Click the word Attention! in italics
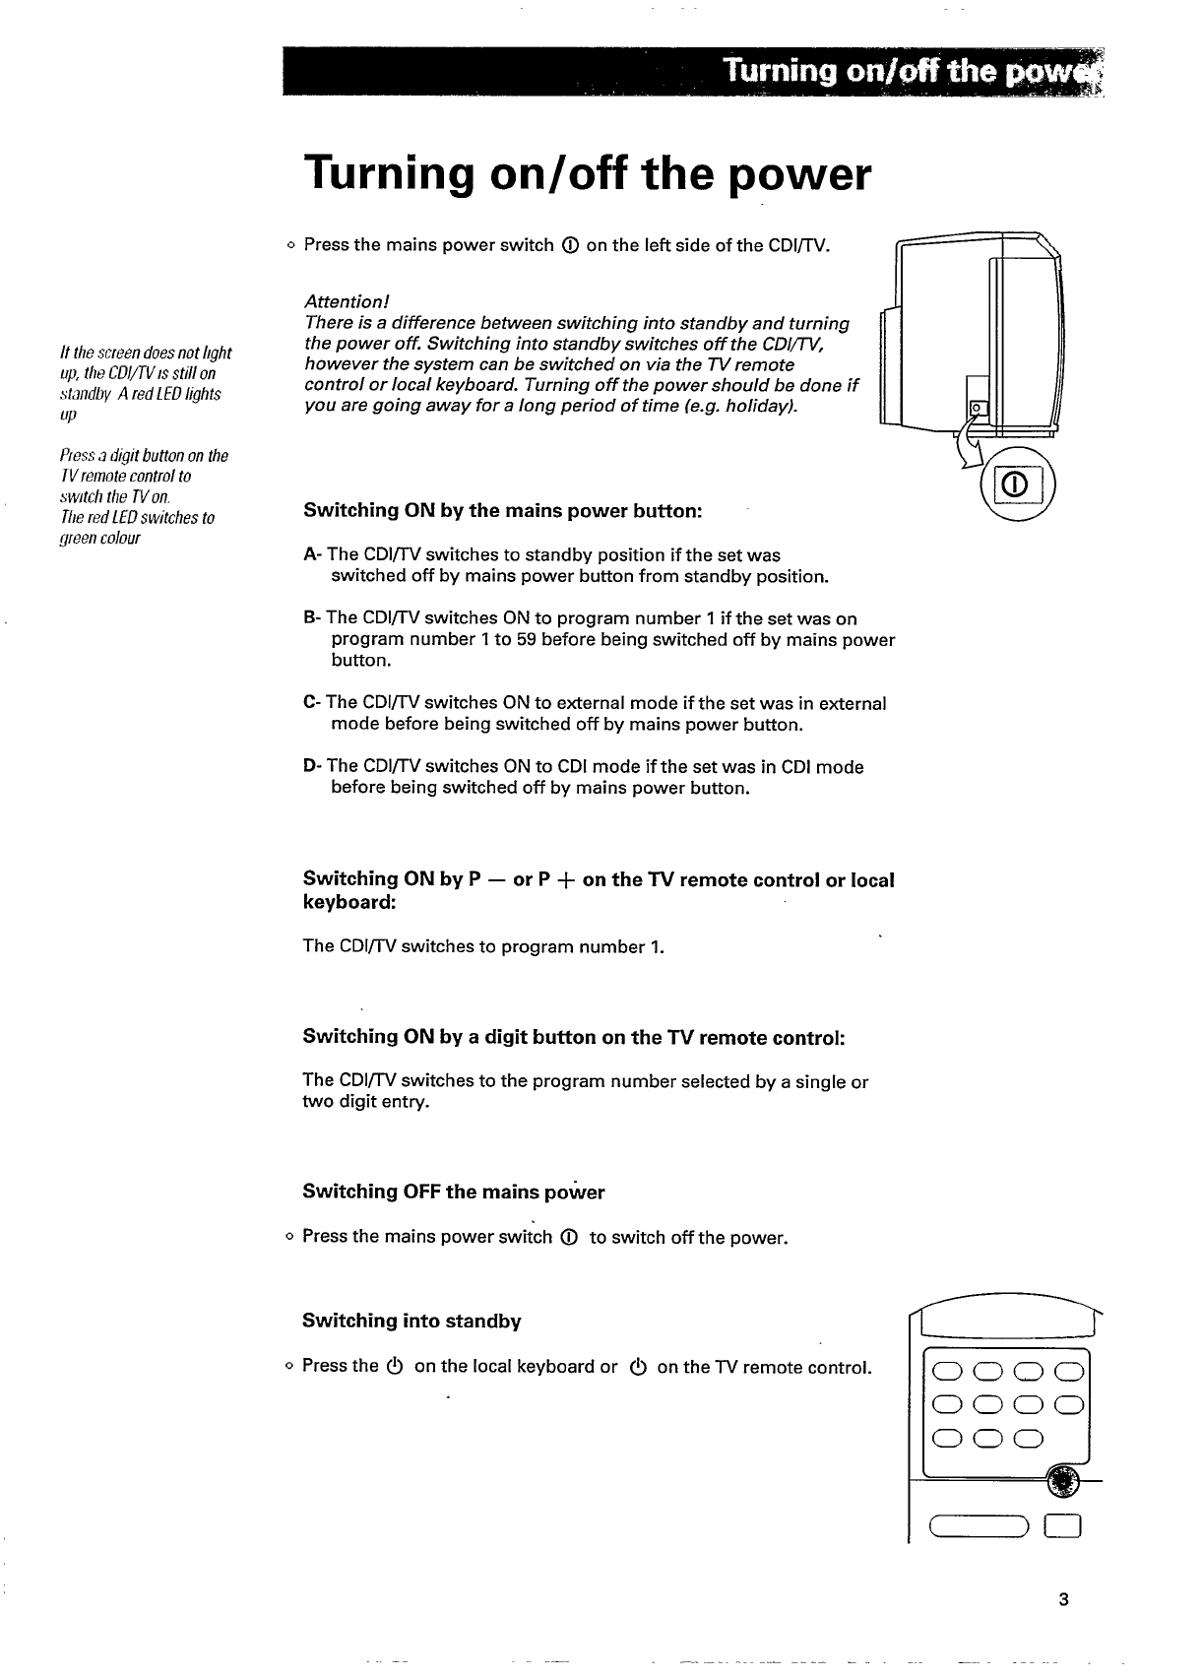click(x=348, y=301)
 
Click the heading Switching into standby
click(x=411, y=1322)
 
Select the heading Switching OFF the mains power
click(x=453, y=1193)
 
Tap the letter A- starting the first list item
click(x=313, y=555)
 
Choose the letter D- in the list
click(x=313, y=766)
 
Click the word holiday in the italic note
click(x=753, y=407)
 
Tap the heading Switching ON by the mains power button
click(x=502, y=511)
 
